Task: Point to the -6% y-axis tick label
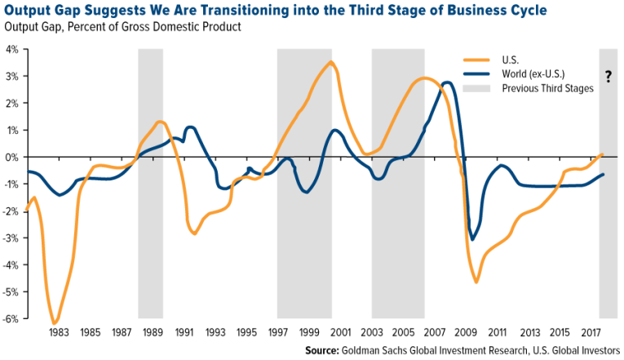[x=13, y=318]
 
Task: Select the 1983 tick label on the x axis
[x=59, y=333]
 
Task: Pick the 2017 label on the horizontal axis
[x=589, y=333]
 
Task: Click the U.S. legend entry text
[x=513, y=59]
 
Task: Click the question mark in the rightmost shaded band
[x=609, y=78]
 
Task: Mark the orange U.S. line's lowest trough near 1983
[x=55, y=322]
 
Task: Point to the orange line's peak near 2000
[x=330, y=62]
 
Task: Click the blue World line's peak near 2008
[x=446, y=82]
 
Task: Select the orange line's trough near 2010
[x=476, y=282]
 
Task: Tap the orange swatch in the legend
[x=474, y=59]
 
